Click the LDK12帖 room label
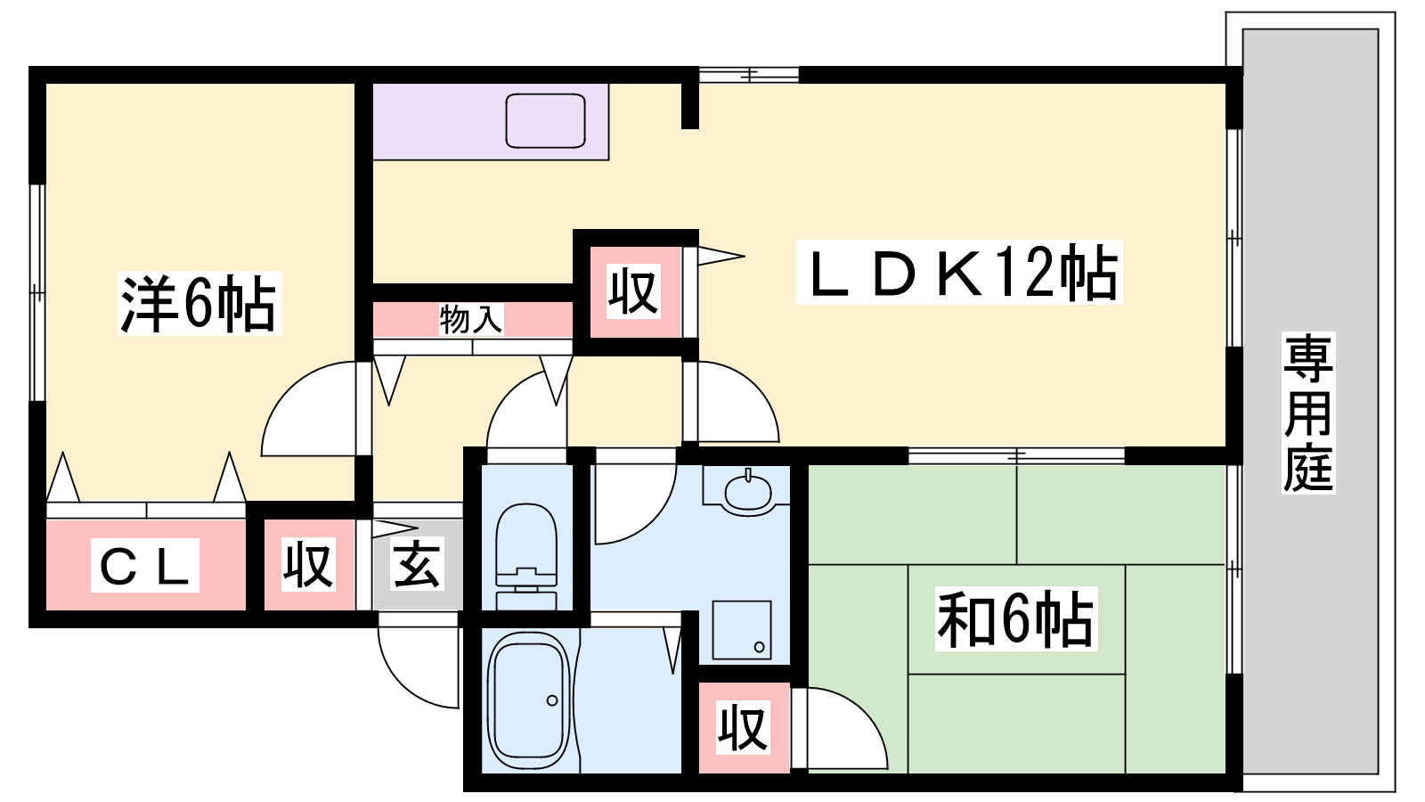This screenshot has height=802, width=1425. tap(959, 273)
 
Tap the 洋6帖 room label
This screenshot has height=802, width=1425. tap(199, 303)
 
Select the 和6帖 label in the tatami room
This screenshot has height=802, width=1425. tap(1016, 618)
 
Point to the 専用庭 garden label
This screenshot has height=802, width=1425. tap(1308, 413)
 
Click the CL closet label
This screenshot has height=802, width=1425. tap(145, 565)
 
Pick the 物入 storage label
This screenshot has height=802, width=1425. tap(471, 319)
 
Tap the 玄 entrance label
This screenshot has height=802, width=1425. tap(417, 565)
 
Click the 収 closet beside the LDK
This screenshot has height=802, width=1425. tap(633, 292)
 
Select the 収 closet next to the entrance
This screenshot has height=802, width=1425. tap(308, 565)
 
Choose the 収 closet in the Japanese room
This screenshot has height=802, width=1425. tap(744, 727)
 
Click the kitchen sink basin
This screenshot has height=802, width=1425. tap(545, 121)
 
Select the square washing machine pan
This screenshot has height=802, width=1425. tap(742, 630)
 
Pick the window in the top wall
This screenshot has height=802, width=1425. tap(749, 75)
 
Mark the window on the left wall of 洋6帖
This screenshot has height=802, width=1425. tap(37, 293)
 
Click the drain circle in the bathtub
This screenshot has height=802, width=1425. tap(552, 700)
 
